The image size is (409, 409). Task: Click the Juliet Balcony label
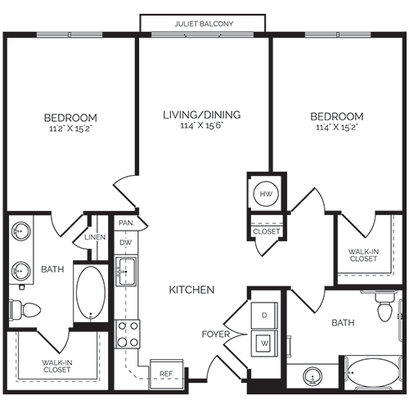click(x=204, y=24)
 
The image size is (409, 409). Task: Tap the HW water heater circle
click(x=265, y=195)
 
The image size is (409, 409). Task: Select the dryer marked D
click(x=264, y=315)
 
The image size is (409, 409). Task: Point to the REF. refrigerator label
click(x=166, y=374)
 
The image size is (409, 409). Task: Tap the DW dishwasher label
click(x=126, y=242)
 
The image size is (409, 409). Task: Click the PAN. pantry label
click(x=126, y=222)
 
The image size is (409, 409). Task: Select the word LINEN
click(x=94, y=238)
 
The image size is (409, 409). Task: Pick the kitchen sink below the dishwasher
click(x=127, y=271)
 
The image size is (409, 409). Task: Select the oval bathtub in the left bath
click(x=90, y=294)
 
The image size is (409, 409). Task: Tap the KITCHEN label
click(x=191, y=290)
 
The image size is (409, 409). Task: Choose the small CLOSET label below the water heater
click(x=266, y=231)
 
